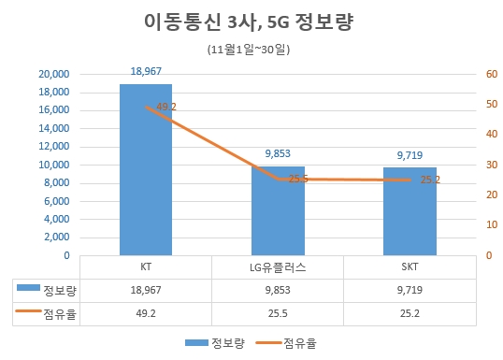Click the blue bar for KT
(x=145, y=169)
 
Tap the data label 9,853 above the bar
(x=278, y=155)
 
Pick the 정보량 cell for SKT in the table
(x=410, y=292)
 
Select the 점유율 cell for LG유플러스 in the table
(x=278, y=316)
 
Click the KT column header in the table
(x=145, y=267)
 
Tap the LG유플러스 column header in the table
(x=278, y=267)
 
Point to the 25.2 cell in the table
(x=410, y=316)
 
